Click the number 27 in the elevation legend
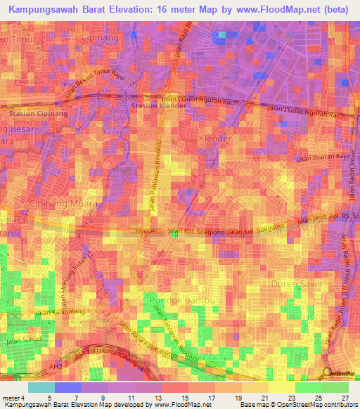coord(345,398)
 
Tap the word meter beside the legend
coord(10,398)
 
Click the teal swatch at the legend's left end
coord(41,387)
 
